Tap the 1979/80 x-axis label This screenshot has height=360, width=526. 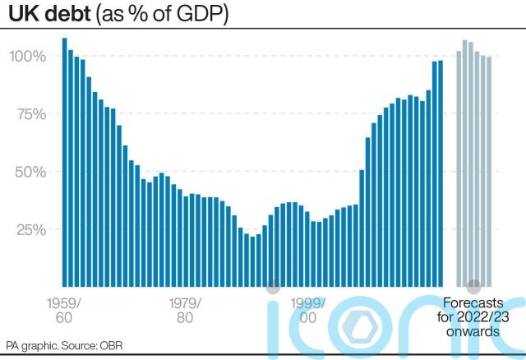tap(186, 309)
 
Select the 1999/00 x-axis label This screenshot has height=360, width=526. tap(308, 309)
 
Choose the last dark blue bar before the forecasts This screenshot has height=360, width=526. tap(441, 173)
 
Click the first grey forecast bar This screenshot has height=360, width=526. tap(459, 168)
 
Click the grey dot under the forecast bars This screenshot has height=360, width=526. tap(473, 286)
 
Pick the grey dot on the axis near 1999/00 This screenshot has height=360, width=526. tap(274, 286)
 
